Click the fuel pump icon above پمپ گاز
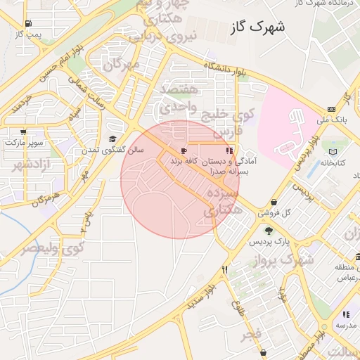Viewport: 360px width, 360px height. [27, 23]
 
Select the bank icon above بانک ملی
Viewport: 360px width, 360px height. [331, 109]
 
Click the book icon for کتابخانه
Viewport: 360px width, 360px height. [333, 152]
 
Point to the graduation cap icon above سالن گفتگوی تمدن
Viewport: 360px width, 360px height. [112, 139]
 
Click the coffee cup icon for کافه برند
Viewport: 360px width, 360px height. [184, 151]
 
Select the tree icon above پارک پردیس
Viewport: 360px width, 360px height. [268, 230]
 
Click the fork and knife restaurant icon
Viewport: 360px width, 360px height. [225, 269]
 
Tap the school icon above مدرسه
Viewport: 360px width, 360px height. [345, 314]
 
